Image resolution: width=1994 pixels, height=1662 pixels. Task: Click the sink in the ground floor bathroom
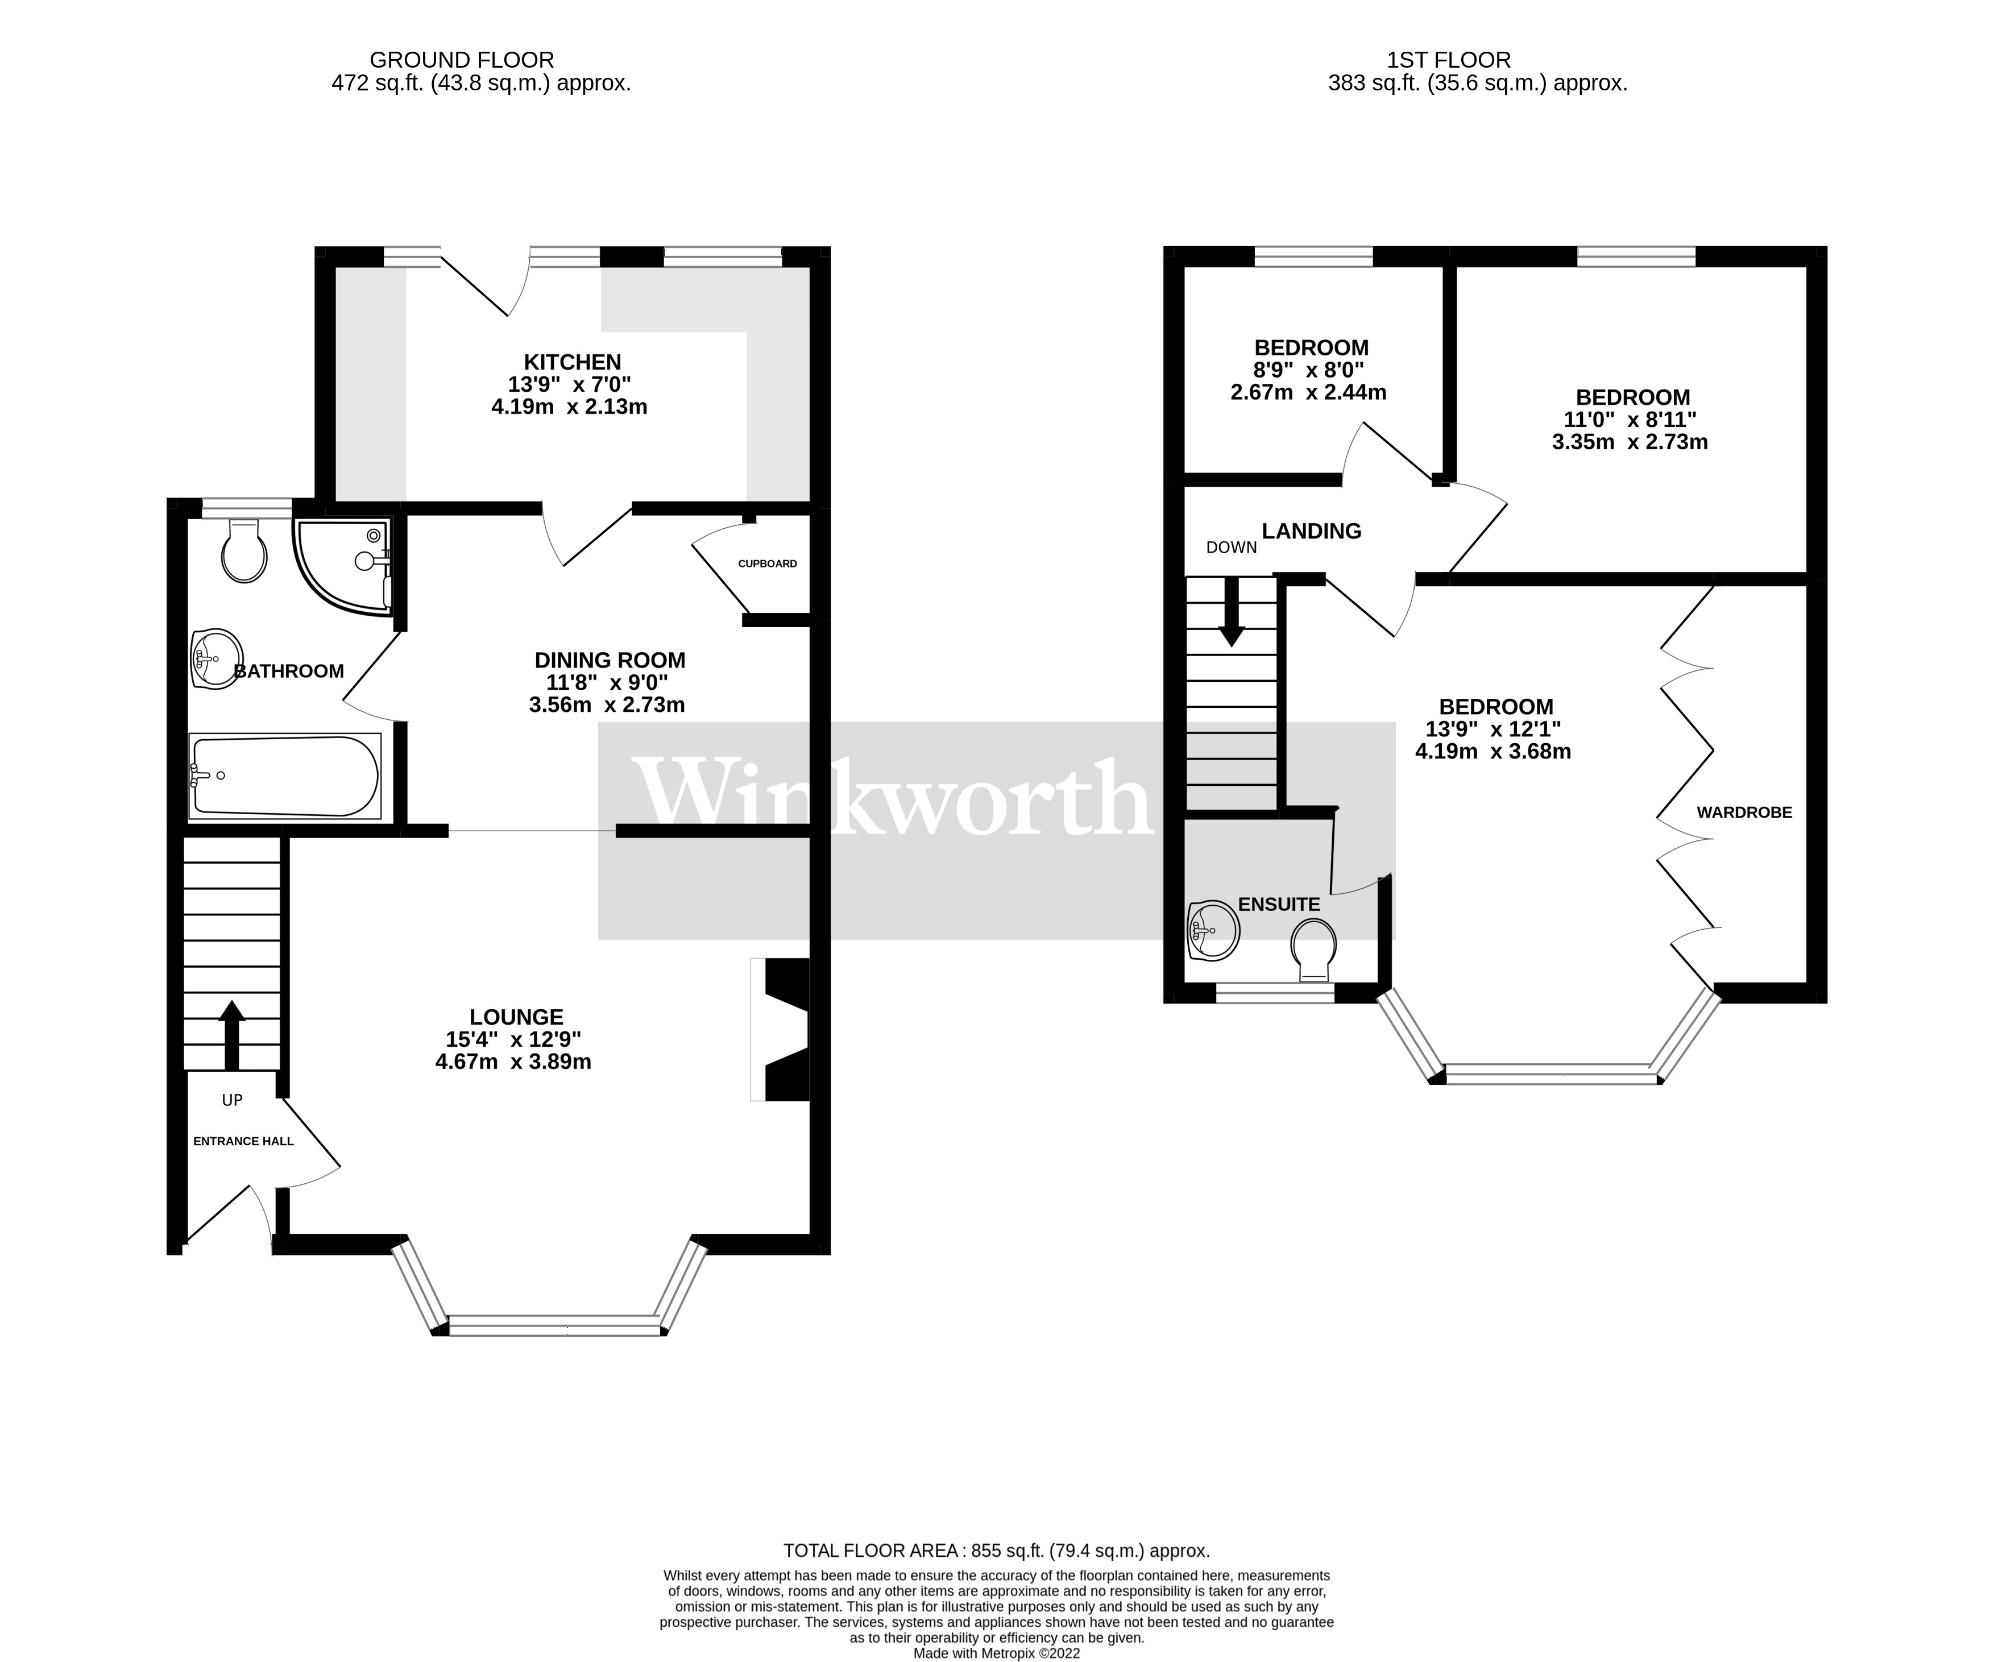click(217, 657)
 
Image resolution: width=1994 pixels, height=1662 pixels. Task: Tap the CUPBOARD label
click(767, 563)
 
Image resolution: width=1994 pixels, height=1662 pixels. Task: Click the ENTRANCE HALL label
click(243, 1141)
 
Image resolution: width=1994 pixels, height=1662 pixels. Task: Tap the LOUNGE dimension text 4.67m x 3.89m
click(513, 1062)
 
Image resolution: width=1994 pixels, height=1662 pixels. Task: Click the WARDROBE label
click(1744, 812)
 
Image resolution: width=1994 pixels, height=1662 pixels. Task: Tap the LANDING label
click(1311, 531)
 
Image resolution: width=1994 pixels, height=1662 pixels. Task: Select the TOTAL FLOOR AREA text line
click(996, 1551)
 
